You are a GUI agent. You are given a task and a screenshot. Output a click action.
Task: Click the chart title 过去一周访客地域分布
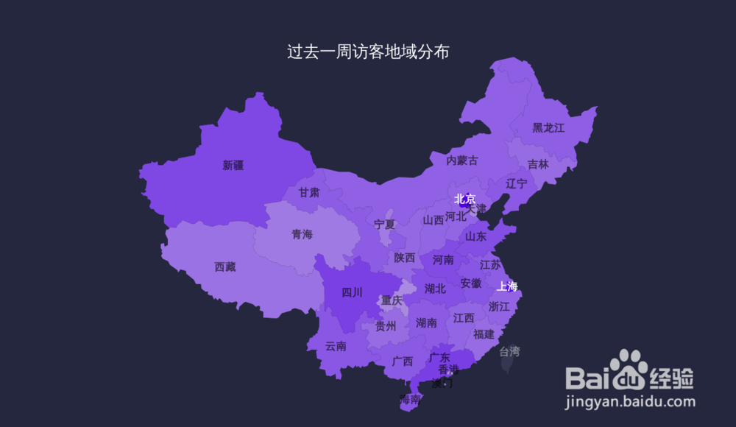tap(368, 52)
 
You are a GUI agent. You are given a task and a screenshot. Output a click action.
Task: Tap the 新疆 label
tap(233, 166)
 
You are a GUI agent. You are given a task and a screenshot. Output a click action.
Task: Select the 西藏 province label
tap(225, 267)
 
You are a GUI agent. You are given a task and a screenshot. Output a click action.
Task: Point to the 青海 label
tap(302, 234)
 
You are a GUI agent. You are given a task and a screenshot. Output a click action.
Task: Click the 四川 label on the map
tap(353, 293)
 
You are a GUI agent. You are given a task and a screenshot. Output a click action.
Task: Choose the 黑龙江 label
tap(548, 128)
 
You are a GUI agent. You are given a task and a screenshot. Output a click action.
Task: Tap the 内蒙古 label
tap(462, 160)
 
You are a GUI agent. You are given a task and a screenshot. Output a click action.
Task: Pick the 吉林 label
tap(538, 165)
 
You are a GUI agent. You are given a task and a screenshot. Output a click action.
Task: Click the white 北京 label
tap(465, 199)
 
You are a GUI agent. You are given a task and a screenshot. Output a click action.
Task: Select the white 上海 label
tap(508, 286)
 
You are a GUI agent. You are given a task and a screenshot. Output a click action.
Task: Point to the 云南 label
tap(336, 346)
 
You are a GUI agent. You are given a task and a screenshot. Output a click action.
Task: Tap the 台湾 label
tap(509, 351)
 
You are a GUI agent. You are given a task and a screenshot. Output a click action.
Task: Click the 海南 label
tap(410, 400)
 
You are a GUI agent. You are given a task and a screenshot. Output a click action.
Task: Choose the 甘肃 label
tap(309, 193)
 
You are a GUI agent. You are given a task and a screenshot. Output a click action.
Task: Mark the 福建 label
tap(484, 334)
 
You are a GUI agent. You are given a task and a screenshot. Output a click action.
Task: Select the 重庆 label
tap(392, 300)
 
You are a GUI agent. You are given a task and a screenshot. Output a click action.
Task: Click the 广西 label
tap(403, 361)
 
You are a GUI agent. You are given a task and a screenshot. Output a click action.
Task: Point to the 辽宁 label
tap(517, 183)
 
